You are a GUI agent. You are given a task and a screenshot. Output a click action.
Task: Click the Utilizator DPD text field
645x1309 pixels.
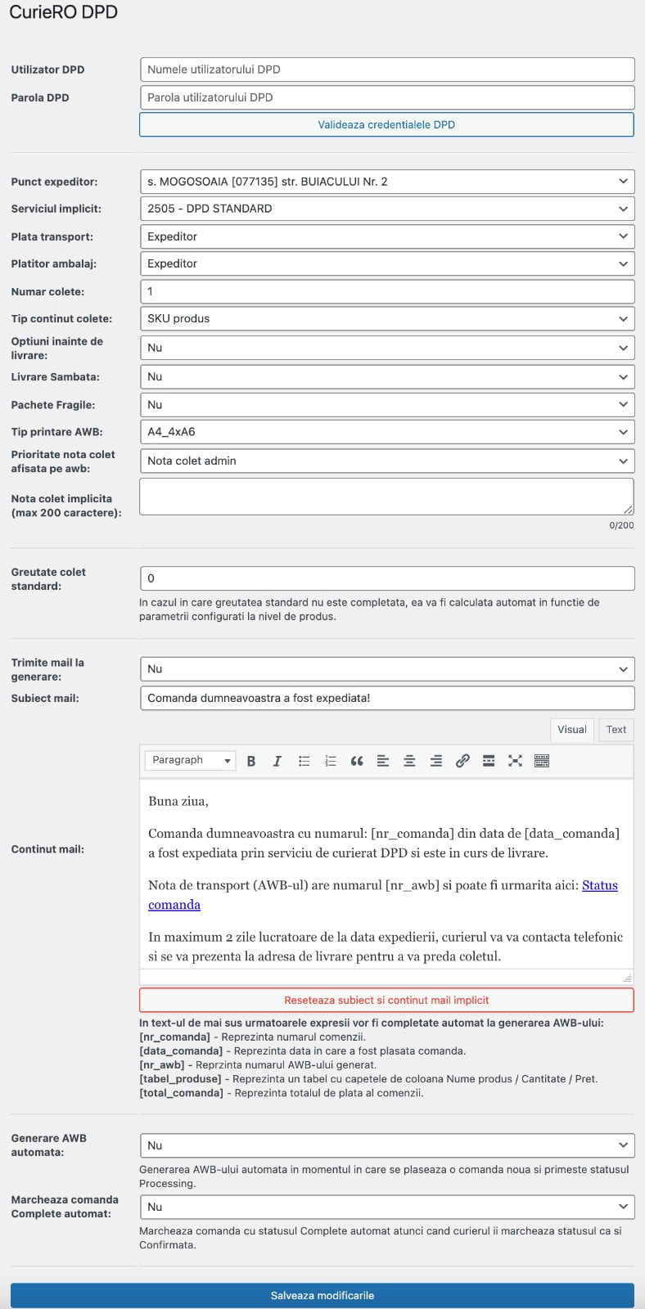pos(387,70)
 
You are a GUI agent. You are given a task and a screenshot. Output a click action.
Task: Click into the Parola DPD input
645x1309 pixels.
pos(387,97)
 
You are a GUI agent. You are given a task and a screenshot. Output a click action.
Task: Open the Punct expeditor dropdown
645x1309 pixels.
pos(387,182)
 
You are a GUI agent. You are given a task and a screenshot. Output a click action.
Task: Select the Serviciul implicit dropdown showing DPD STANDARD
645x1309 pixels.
pos(387,209)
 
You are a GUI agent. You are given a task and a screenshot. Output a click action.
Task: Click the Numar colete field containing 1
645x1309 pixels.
pos(387,291)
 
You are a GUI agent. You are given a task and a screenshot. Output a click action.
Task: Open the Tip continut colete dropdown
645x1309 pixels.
pos(387,319)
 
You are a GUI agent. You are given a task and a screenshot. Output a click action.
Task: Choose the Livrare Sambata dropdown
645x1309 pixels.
pos(387,377)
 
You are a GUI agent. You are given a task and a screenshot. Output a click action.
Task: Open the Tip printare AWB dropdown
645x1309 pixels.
pos(387,432)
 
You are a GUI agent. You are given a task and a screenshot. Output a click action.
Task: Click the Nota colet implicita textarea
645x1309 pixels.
pos(386,497)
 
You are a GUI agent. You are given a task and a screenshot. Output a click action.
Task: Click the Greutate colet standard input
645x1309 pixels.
pos(387,578)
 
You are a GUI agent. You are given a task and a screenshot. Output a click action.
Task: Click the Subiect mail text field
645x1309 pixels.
pos(387,698)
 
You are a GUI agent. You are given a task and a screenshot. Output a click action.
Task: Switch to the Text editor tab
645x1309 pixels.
pos(616,730)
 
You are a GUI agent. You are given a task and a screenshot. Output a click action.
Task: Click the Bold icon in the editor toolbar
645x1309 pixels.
pos(251,761)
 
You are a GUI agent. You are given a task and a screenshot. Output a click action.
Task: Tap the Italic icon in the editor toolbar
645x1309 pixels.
pos(277,761)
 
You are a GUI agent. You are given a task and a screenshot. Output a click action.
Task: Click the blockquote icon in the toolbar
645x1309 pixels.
pos(357,761)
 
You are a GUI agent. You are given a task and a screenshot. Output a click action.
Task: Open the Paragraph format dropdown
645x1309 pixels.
pos(190,761)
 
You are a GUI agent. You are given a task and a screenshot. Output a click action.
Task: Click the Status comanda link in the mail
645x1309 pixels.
pos(599,885)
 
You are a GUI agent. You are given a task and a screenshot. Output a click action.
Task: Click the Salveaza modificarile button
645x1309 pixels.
pos(322,1295)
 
